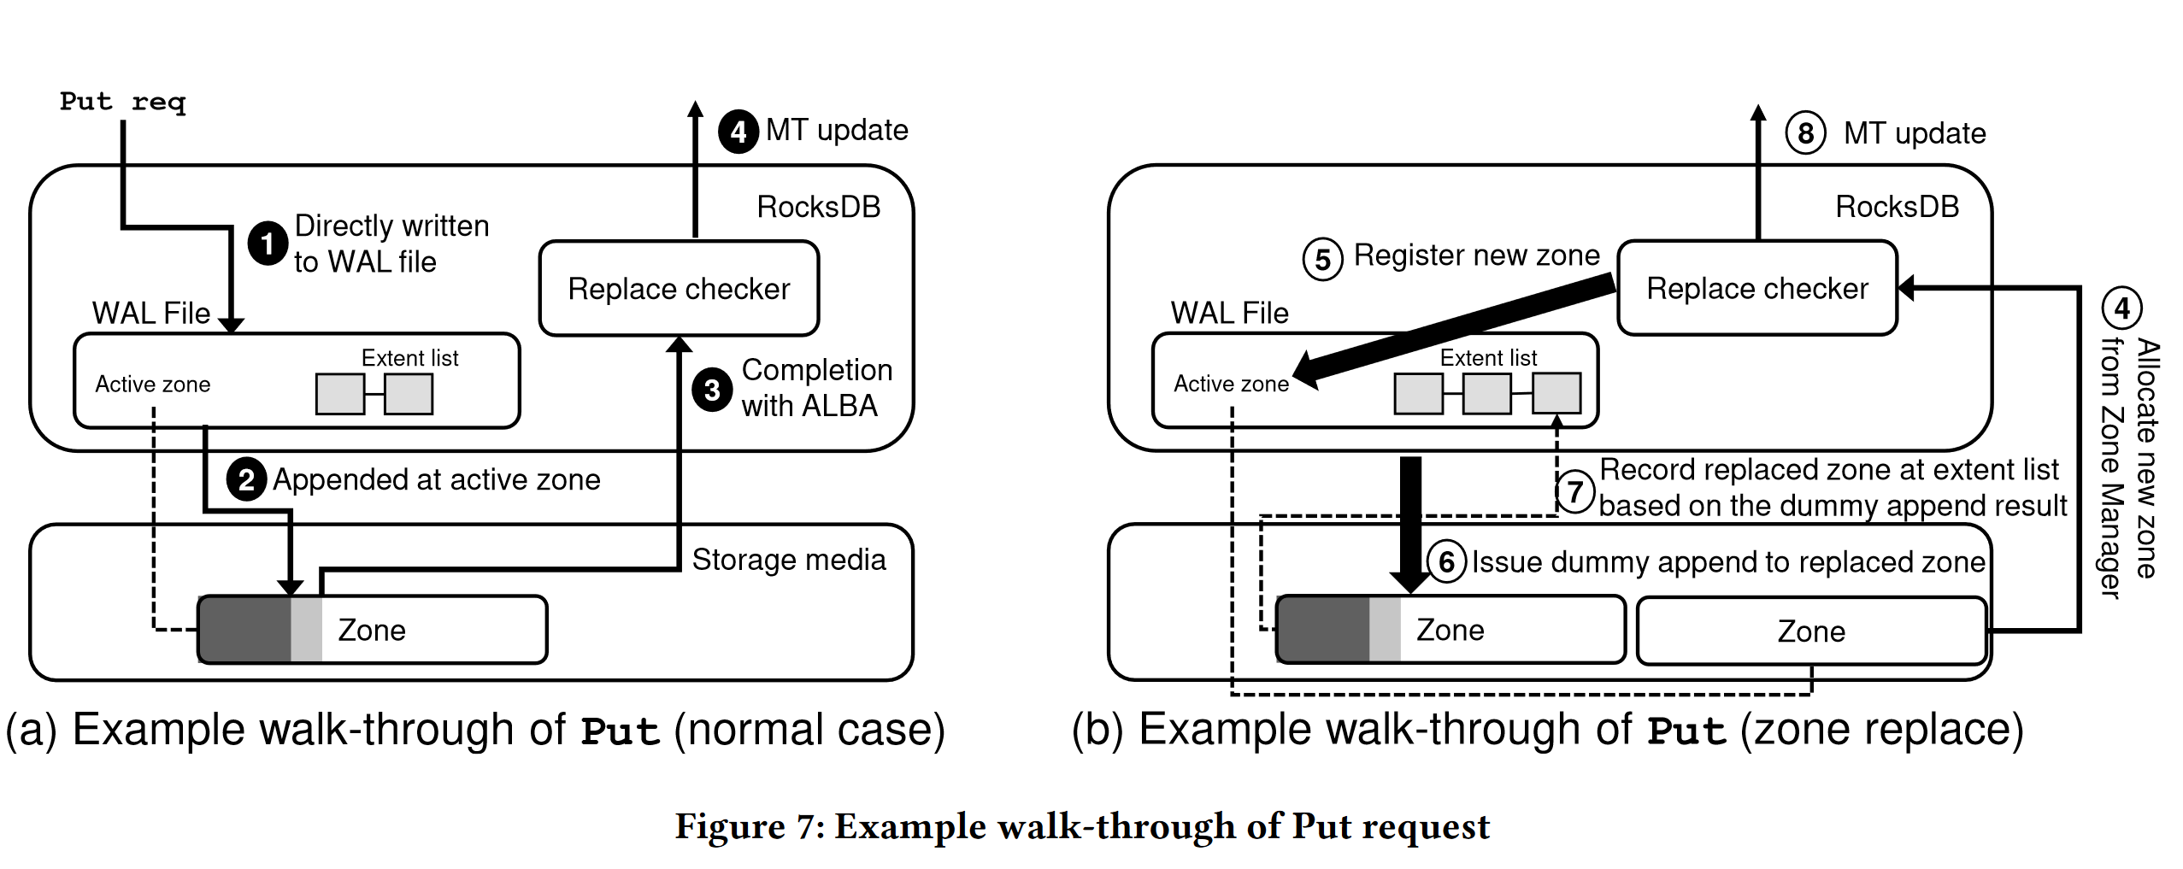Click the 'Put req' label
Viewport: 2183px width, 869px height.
(x=122, y=102)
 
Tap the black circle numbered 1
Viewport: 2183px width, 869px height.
(x=268, y=244)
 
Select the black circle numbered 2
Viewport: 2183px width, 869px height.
(x=246, y=479)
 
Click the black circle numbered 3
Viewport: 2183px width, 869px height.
(x=712, y=390)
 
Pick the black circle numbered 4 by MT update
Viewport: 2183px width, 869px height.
(x=738, y=132)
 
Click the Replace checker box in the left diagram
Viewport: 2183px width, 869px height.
(x=679, y=289)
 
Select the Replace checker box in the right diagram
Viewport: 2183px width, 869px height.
(x=1757, y=288)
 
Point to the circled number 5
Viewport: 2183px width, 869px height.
(x=1322, y=259)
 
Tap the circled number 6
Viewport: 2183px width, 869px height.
(x=1446, y=561)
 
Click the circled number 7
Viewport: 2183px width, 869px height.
(x=1574, y=491)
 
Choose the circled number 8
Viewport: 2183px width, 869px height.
(x=1805, y=133)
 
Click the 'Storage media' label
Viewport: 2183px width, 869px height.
(x=788, y=560)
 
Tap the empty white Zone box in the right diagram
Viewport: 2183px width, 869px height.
(x=1810, y=631)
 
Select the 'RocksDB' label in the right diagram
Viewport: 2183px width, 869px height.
(x=1897, y=207)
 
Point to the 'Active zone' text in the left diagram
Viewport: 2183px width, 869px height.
(x=152, y=385)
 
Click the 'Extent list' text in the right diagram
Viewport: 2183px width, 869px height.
(x=1488, y=358)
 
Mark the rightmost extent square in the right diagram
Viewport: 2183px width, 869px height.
(x=1556, y=394)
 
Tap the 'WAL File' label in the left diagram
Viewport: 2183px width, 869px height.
(x=150, y=314)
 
